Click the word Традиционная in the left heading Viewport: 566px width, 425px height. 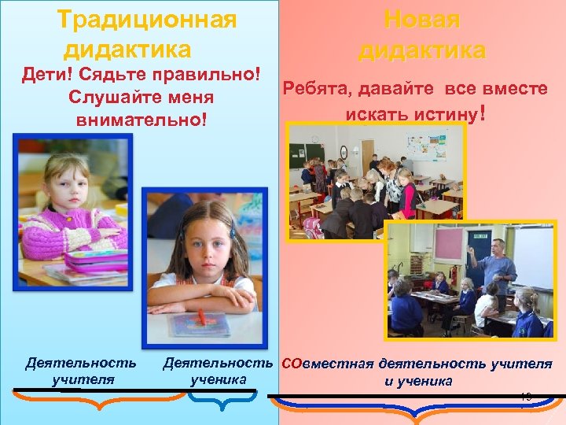tap(147, 19)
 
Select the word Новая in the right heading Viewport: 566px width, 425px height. tap(421, 20)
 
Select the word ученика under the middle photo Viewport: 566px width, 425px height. tap(219, 379)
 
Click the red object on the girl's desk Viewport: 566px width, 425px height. tap(201, 317)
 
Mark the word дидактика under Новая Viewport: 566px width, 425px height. tap(421, 50)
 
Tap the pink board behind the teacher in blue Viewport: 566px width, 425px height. tap(448, 245)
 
